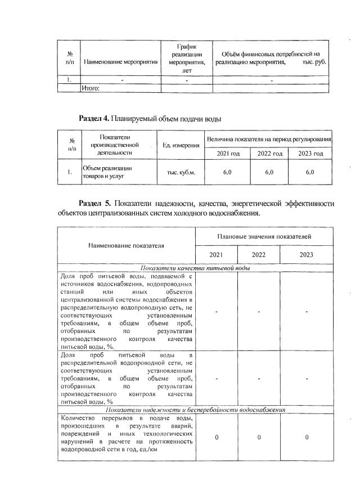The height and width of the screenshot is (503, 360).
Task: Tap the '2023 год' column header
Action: [310, 154]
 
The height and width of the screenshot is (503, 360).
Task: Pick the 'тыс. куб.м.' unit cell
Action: [181, 172]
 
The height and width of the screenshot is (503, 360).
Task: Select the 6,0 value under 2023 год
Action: [310, 172]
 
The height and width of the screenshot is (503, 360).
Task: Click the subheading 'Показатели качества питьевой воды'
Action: [196, 268]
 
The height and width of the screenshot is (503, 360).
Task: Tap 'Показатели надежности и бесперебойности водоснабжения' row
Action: [196, 410]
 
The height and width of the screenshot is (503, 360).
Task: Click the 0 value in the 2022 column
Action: [259, 437]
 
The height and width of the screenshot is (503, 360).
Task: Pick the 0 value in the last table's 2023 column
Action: [307, 437]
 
